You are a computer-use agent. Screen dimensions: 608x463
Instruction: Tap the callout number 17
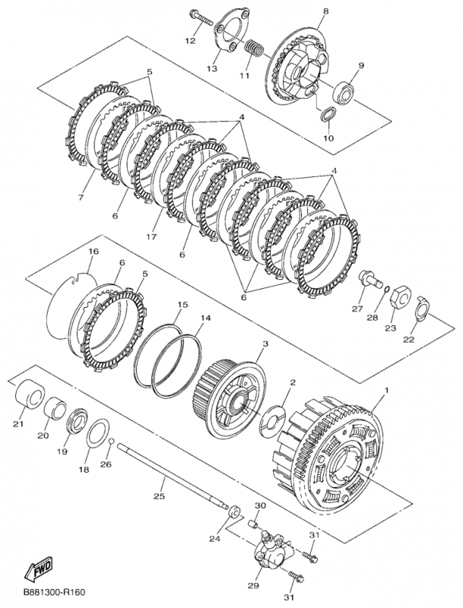click(x=152, y=236)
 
